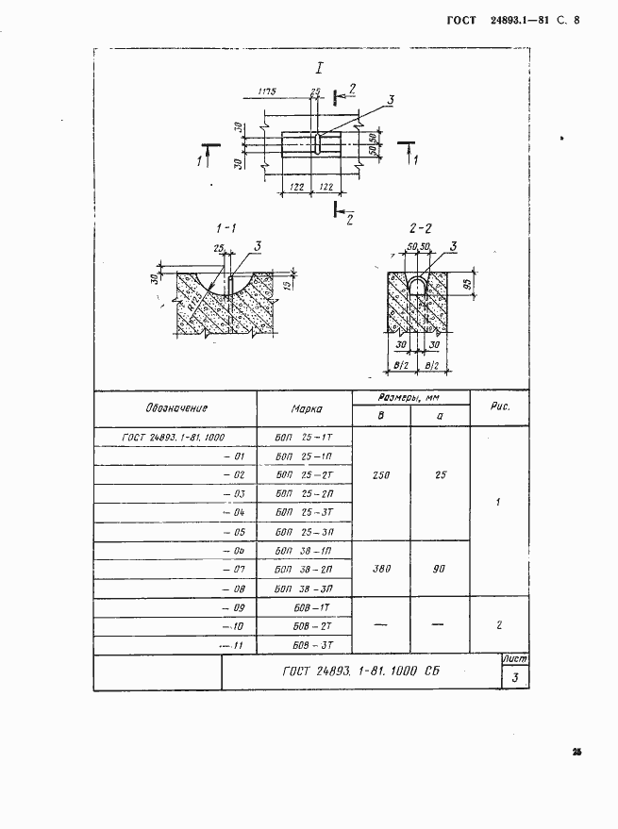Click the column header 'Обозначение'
coord(176,408)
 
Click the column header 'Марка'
coord(305,409)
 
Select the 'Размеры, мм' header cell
coord(410,398)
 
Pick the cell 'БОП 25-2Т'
coord(305,474)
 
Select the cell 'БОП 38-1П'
coord(305,551)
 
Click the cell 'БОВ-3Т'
coord(305,646)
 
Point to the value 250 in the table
coord(381,474)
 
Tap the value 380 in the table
coord(381,570)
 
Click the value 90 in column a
coord(441,570)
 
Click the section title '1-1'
coord(226,228)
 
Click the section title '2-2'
coord(421,228)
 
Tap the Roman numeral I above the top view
coord(321,68)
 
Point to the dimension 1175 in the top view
coord(265,92)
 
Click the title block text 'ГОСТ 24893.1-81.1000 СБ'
coord(361,671)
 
